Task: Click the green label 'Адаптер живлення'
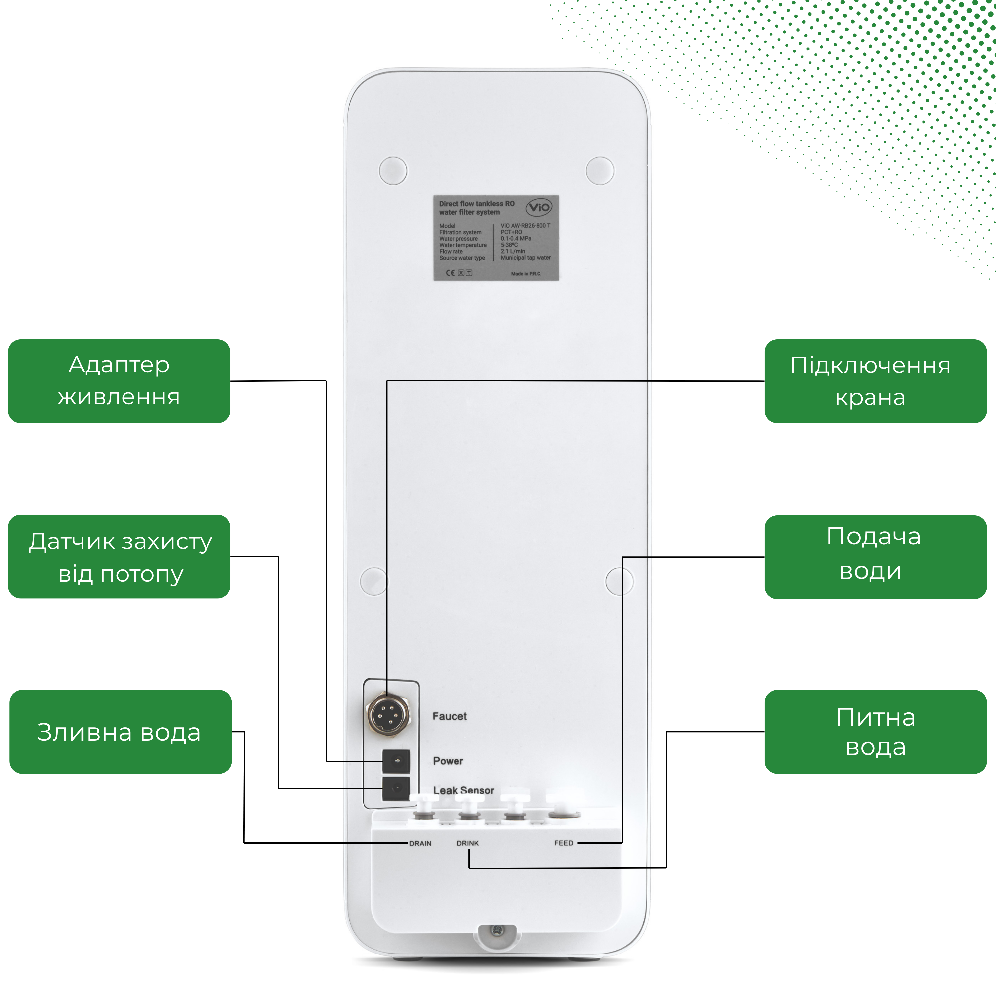tap(119, 381)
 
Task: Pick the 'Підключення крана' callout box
tap(875, 381)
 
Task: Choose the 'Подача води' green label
tap(875, 557)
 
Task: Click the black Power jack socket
tap(396, 761)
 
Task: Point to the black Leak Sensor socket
tap(396, 788)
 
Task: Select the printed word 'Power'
tap(448, 761)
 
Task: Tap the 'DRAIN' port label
tap(420, 843)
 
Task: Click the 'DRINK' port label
tap(467, 843)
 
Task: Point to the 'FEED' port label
tap(563, 843)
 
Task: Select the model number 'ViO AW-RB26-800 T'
tap(525, 226)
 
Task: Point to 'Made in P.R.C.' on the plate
tap(526, 274)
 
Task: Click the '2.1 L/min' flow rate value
tap(512, 252)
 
